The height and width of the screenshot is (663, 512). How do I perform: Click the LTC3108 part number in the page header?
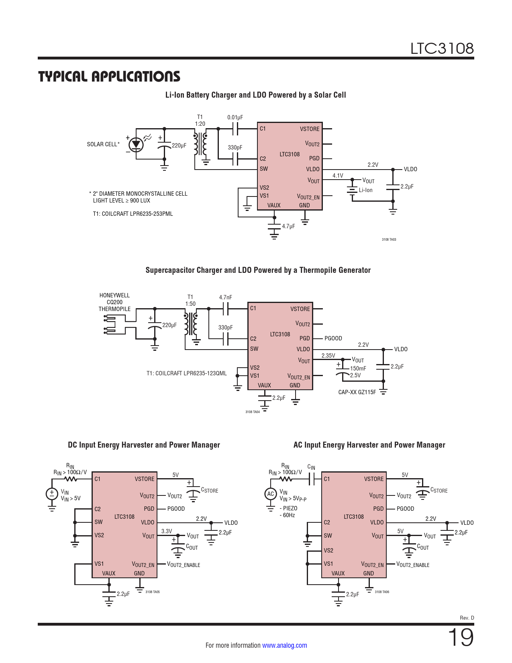pos(442,49)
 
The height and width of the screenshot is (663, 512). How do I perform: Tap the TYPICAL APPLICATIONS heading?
pos(109,76)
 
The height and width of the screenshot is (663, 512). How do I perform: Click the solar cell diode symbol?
pos(137,144)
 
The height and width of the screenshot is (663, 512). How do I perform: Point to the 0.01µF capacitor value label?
pos(235,117)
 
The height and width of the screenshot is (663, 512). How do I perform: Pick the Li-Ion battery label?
pos(365,190)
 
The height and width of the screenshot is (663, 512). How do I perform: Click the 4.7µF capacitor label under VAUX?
pos(288,226)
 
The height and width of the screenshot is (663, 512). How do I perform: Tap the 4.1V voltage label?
pos(338,176)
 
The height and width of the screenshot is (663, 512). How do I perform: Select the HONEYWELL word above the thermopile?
pos(114,295)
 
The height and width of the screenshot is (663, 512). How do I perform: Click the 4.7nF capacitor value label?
pos(225,297)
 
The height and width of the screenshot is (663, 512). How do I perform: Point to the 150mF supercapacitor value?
pos(358,368)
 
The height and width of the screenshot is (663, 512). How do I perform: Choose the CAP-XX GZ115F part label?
pos(357,392)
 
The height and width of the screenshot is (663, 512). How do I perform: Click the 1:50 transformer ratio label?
pos(190,304)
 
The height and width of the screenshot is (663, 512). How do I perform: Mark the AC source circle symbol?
pos(271,494)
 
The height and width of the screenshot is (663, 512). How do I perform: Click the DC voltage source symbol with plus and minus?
pos(52,494)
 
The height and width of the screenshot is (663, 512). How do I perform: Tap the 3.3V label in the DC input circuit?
pos(167,531)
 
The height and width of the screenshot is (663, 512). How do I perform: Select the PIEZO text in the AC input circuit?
pos(290,508)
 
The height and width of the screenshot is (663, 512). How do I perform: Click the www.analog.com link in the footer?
pos(284,645)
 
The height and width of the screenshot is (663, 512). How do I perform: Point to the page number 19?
pos(460,637)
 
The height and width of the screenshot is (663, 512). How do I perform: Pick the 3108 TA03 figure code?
pos(389,239)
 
